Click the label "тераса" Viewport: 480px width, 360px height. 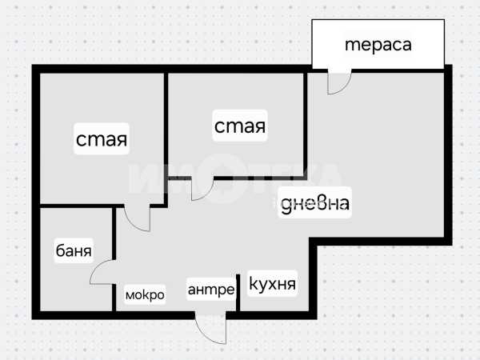pyautogui.click(x=378, y=45)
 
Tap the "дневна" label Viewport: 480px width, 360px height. pyautogui.click(x=315, y=202)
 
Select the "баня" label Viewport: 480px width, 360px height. pyautogui.click(x=74, y=250)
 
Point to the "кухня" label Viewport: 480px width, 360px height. pyautogui.click(x=273, y=283)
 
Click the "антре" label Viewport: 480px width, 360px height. pyautogui.click(x=211, y=290)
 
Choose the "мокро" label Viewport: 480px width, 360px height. pyautogui.click(x=145, y=294)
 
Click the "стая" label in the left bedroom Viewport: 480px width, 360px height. pyautogui.click(x=102, y=139)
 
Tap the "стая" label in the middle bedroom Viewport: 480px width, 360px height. pyautogui.click(x=240, y=126)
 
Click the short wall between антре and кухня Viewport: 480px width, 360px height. pyautogui.click(x=238, y=293)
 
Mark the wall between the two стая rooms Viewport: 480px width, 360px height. pyautogui.click(x=166, y=140)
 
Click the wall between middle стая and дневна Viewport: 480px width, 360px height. pyautogui.click(x=306, y=125)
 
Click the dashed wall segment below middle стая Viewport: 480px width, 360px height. pyautogui.click(x=260, y=178)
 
